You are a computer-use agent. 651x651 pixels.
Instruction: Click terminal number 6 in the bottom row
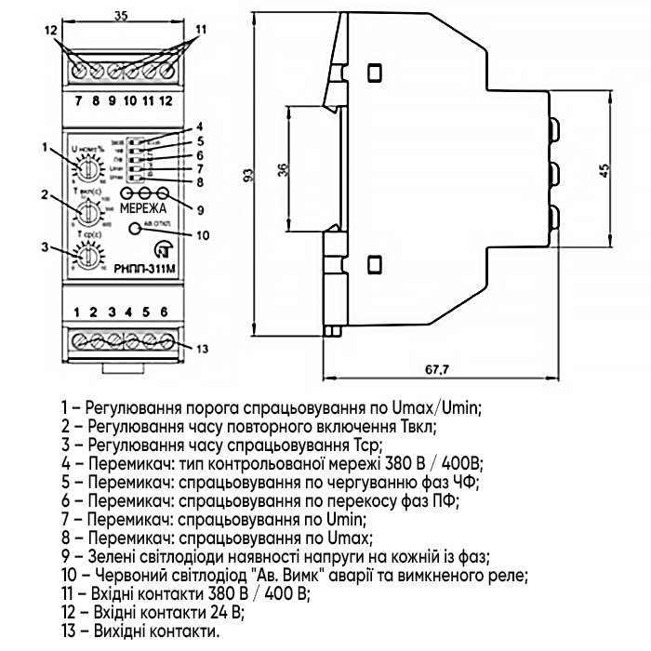[165, 311]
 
